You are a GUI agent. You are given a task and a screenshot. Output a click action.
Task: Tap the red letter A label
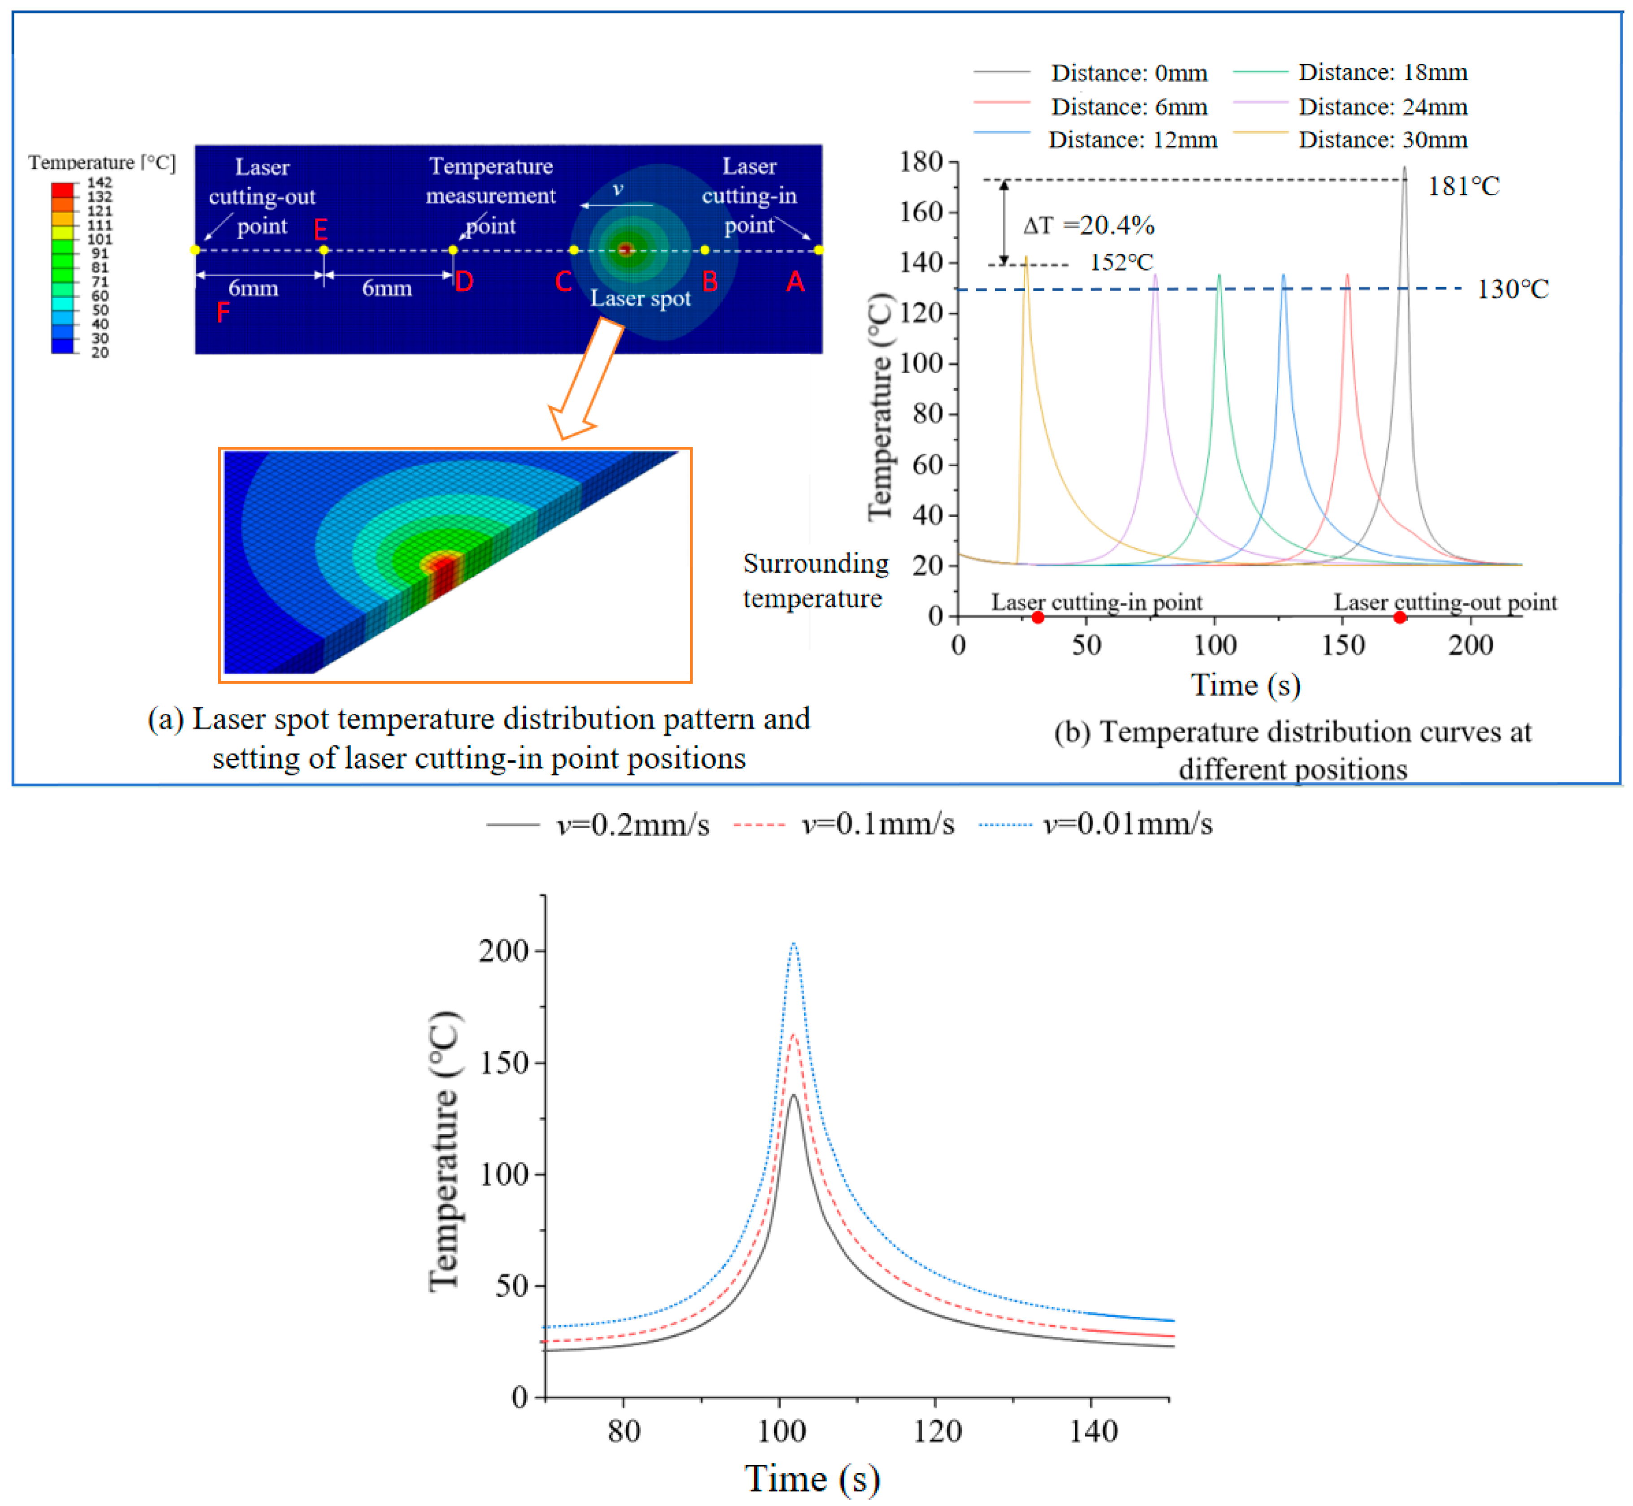(x=795, y=282)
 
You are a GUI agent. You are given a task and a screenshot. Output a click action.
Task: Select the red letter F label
(x=223, y=312)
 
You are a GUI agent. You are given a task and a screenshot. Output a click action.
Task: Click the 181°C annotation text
(x=1463, y=187)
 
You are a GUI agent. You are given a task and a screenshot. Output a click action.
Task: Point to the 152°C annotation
(x=1121, y=262)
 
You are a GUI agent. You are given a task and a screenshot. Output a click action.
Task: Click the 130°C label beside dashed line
(x=1512, y=289)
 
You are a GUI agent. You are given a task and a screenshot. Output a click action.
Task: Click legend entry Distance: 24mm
(x=1382, y=107)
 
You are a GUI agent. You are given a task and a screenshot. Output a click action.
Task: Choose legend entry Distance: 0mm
(x=1129, y=73)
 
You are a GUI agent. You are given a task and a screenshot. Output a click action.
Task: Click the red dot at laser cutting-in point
(x=1037, y=618)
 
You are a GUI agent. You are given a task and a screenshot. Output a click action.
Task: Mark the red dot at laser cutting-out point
(x=1399, y=618)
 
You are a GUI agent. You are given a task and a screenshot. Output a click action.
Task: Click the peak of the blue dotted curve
(x=794, y=944)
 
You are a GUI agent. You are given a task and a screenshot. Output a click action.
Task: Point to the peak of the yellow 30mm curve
(x=1026, y=258)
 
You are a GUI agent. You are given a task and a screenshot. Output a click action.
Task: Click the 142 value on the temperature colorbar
(x=100, y=183)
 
